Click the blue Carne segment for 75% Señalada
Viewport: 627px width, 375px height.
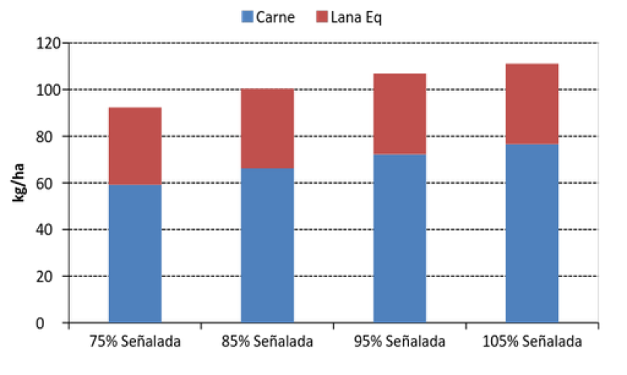click(134, 254)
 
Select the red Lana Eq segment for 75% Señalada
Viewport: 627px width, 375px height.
click(134, 146)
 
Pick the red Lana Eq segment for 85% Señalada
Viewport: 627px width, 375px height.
click(267, 128)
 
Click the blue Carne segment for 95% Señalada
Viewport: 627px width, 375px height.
click(399, 238)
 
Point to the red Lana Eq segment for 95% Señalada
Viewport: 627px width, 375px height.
click(399, 114)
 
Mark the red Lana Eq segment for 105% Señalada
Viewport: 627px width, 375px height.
click(531, 103)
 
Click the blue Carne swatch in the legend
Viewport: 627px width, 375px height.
click(248, 16)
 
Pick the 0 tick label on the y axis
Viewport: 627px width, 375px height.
click(54, 323)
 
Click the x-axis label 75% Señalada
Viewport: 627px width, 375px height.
click(134, 342)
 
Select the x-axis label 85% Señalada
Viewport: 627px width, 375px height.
click(267, 342)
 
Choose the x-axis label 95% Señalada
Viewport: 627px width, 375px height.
click(399, 342)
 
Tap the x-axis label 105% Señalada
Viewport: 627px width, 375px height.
click(531, 342)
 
